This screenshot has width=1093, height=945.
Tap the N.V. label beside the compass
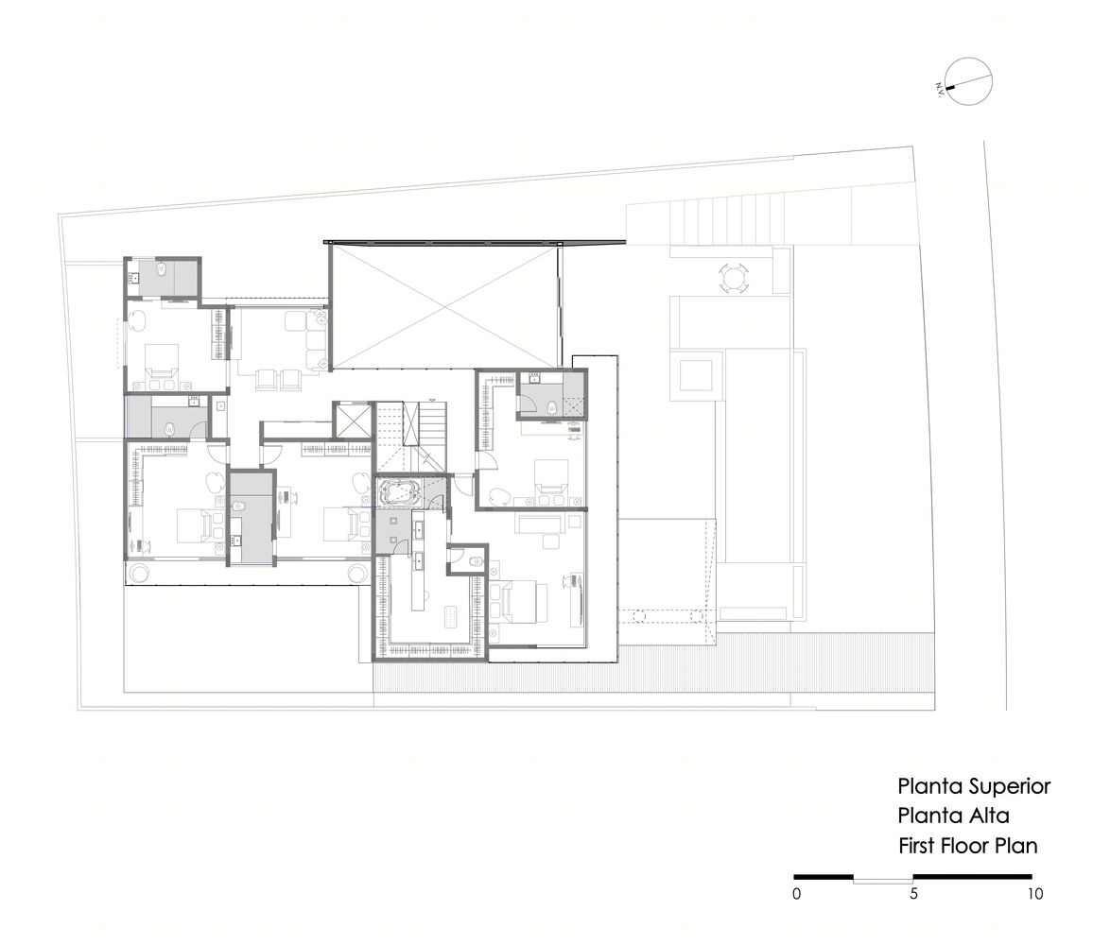click(941, 89)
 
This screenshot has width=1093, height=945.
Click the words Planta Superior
click(974, 786)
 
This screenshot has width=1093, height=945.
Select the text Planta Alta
click(953, 816)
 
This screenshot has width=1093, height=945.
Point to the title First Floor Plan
click(967, 846)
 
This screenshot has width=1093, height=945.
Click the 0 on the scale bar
click(797, 893)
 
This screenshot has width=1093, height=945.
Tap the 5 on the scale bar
click(914, 893)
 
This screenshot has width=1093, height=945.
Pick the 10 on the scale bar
click(1034, 893)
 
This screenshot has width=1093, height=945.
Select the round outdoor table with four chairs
click(734, 279)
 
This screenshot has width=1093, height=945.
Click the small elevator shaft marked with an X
click(353, 420)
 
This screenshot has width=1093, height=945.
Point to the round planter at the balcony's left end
click(138, 573)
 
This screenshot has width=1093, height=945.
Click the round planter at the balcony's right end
click(356, 573)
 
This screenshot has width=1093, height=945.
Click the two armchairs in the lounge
click(279, 378)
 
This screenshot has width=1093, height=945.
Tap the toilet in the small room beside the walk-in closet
click(477, 561)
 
